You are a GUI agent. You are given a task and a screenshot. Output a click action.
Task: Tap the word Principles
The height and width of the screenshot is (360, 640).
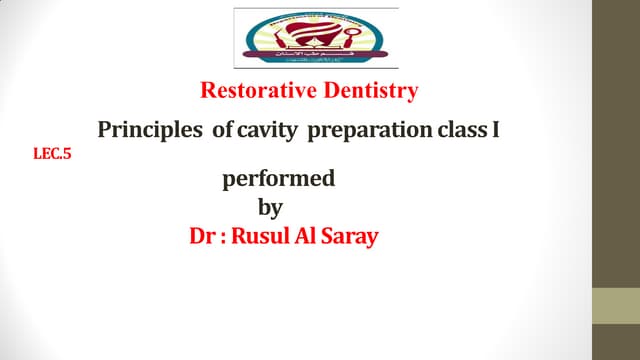147,131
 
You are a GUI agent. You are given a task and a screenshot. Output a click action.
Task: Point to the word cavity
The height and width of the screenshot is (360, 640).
264,131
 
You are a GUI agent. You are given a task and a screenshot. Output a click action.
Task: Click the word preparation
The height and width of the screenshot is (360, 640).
364,131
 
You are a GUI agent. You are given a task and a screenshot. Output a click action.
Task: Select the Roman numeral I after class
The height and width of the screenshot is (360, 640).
494,131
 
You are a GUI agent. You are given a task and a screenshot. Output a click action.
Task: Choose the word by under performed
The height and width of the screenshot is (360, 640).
270,208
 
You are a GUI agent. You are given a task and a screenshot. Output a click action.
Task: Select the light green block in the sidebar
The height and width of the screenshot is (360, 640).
616,305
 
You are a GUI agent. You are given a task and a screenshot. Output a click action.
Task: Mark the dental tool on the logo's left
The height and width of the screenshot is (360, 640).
258,35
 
